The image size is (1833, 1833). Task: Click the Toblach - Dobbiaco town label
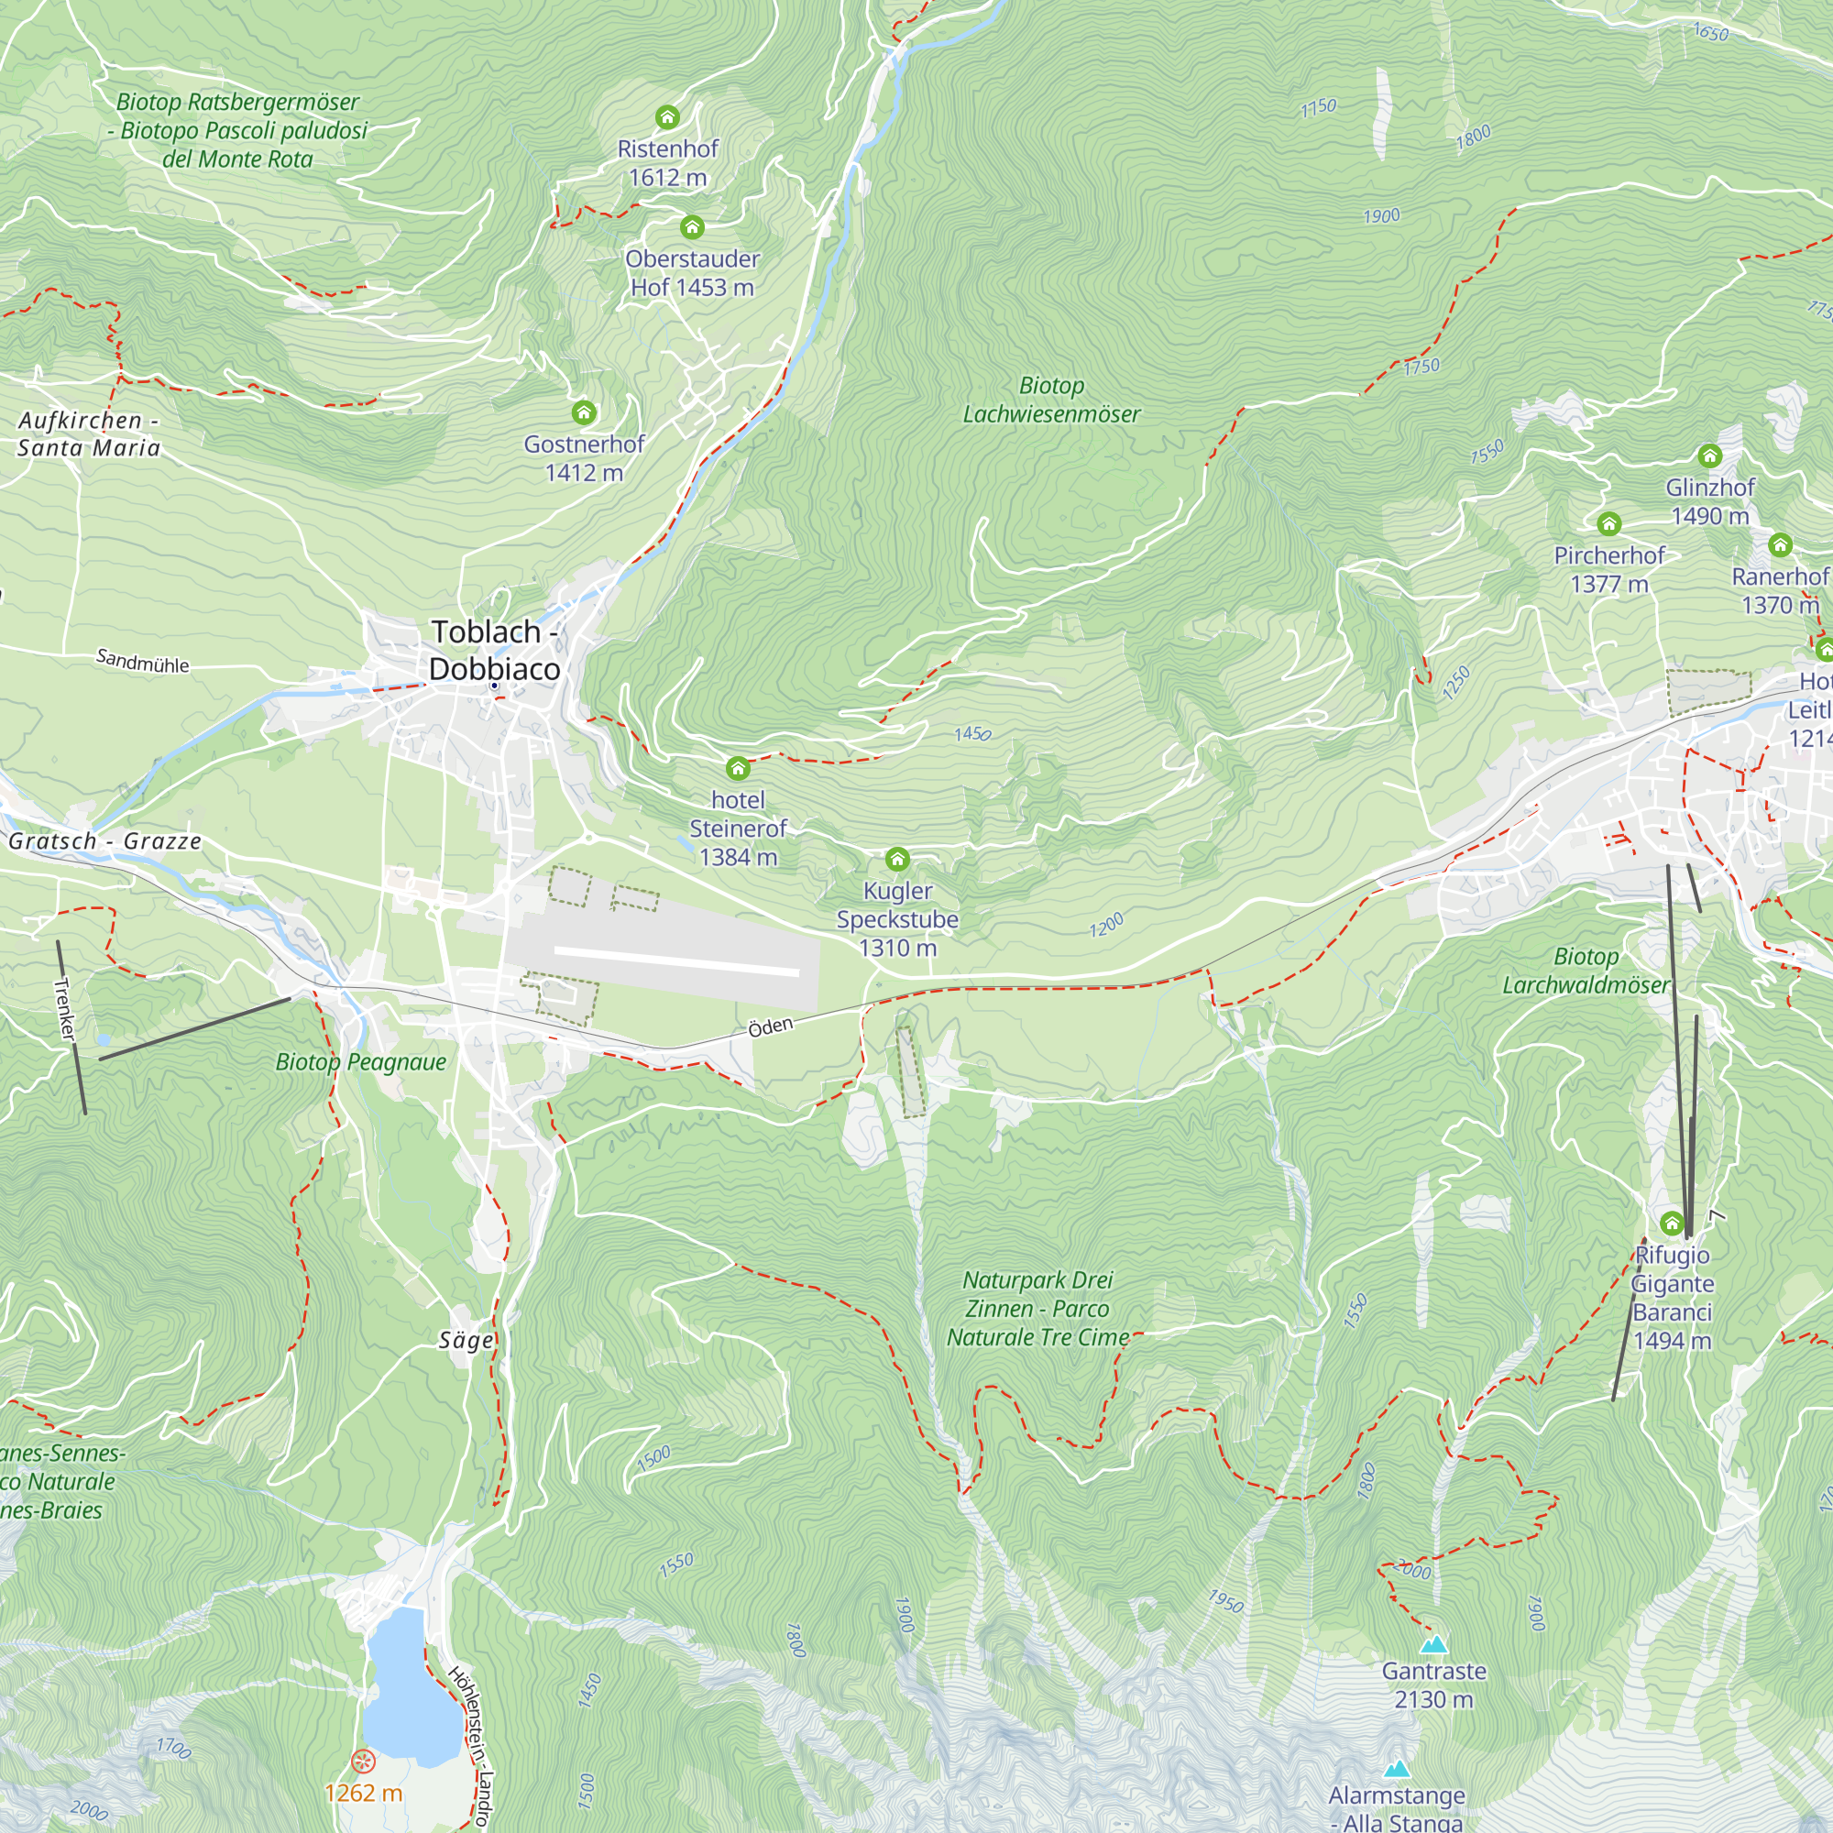(x=493, y=650)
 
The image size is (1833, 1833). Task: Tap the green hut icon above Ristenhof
(x=668, y=116)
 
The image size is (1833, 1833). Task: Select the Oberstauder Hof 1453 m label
(x=693, y=273)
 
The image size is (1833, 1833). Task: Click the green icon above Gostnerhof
(x=584, y=412)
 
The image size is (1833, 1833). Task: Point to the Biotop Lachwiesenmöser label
(x=1051, y=400)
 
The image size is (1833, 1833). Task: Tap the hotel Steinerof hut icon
(x=738, y=767)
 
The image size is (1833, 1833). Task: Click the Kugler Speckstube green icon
(x=897, y=860)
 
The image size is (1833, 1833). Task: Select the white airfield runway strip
(x=676, y=960)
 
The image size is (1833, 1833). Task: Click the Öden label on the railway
(x=771, y=1027)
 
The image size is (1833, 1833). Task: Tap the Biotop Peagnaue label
(x=360, y=1061)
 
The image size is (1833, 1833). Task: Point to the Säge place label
(x=466, y=1340)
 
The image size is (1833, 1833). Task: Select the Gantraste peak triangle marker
(x=1433, y=1644)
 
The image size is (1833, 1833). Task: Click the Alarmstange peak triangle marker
(x=1397, y=1769)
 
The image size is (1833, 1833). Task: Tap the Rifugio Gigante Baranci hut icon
(x=1672, y=1223)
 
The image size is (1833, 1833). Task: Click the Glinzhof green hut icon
(x=1709, y=456)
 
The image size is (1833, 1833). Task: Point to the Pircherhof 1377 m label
(x=1609, y=569)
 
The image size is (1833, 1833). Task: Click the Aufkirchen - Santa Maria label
(x=89, y=434)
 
